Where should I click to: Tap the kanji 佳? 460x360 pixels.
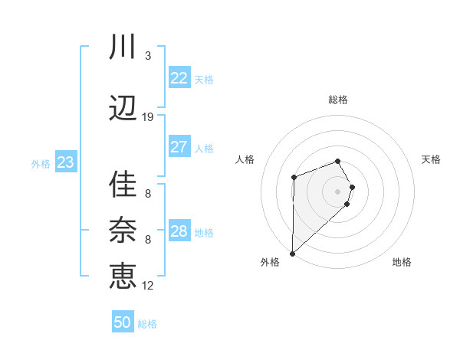(x=123, y=185)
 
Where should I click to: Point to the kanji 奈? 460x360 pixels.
(x=123, y=230)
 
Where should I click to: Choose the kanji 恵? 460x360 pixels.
(x=123, y=275)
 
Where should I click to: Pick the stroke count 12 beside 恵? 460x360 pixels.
(x=148, y=286)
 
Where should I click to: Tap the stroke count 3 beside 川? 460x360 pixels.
(x=148, y=56)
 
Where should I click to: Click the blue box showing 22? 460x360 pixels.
(x=179, y=78)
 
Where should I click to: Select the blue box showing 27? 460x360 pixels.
(x=179, y=147)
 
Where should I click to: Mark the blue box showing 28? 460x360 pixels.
(x=179, y=231)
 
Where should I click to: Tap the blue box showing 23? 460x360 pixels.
(x=65, y=162)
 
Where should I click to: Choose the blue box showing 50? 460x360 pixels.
(x=123, y=322)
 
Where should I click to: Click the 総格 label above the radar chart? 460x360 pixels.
(x=338, y=100)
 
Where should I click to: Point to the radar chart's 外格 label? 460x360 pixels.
(x=270, y=263)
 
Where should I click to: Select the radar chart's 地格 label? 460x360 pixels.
(x=402, y=263)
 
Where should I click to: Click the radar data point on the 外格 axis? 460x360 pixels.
(x=292, y=253)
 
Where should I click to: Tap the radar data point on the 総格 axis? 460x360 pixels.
(x=337, y=161)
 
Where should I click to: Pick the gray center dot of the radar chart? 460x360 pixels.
(x=337, y=190)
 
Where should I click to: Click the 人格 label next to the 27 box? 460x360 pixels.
(x=204, y=149)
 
